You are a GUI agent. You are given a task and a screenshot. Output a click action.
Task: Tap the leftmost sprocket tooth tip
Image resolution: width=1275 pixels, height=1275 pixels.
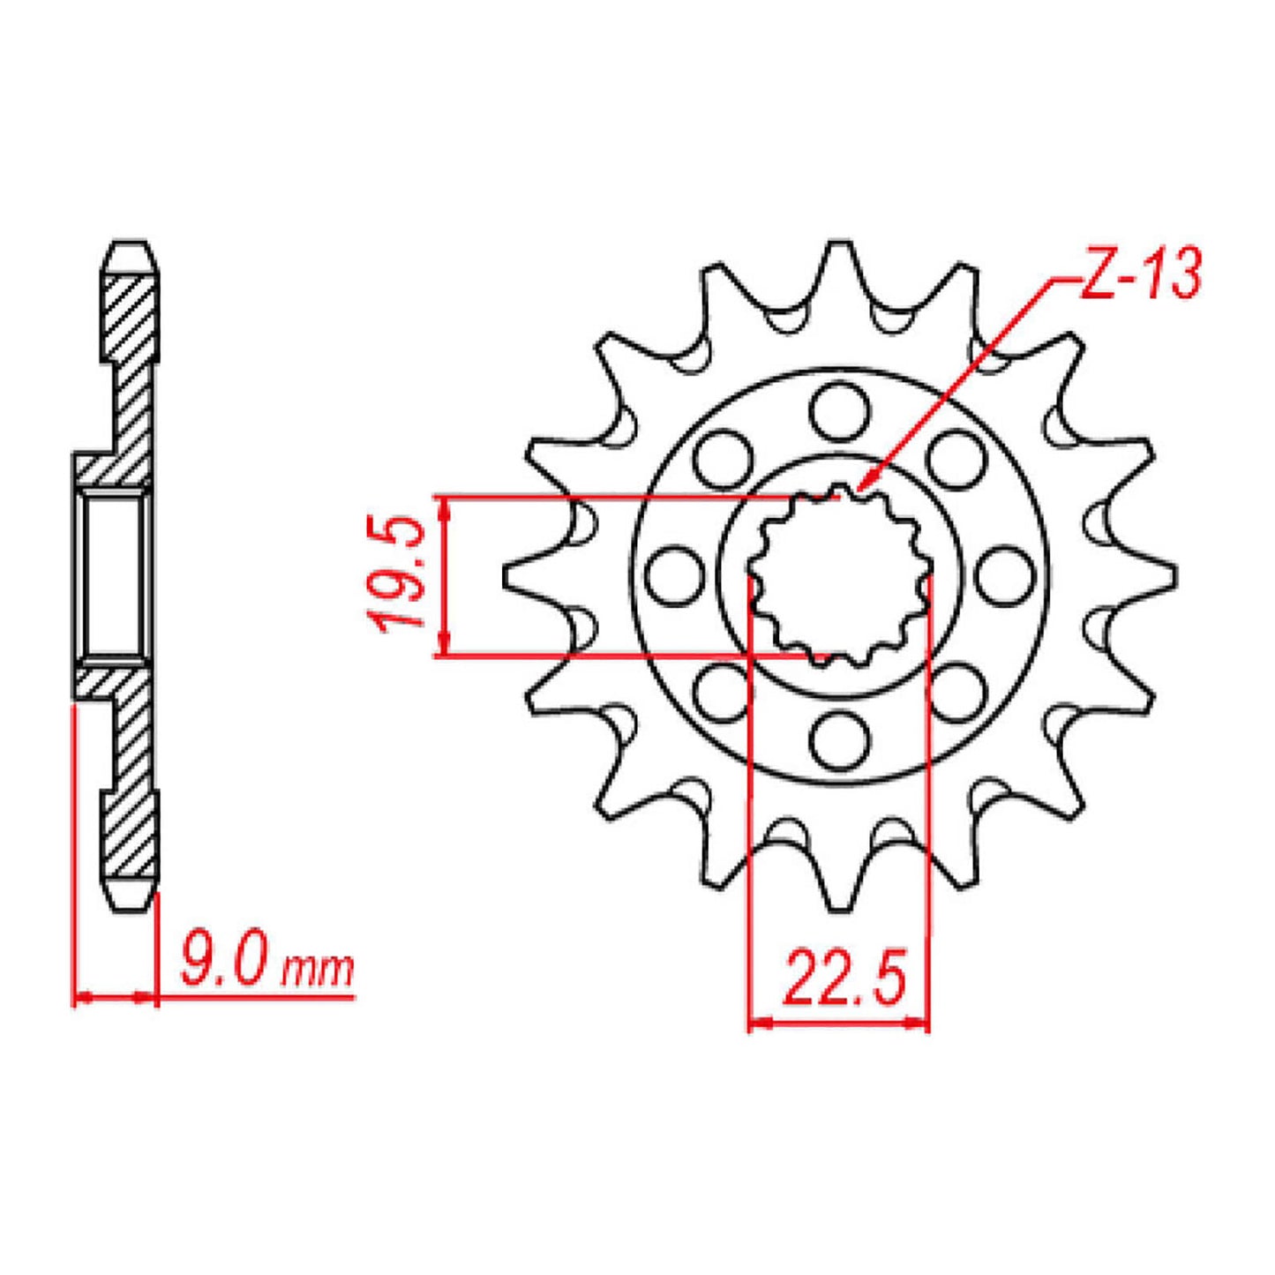tap(506, 575)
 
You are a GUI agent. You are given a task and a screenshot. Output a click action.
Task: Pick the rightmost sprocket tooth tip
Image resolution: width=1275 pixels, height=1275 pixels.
tap(1174, 575)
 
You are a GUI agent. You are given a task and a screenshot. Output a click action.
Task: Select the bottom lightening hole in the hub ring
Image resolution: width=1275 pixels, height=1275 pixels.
tap(839, 741)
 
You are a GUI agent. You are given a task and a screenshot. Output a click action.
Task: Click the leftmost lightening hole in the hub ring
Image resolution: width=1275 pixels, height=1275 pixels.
tap(674, 575)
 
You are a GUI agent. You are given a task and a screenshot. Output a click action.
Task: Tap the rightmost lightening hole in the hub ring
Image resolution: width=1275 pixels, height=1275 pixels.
tap(1005, 575)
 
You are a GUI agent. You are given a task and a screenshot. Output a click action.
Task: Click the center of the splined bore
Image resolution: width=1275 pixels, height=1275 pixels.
tap(839, 575)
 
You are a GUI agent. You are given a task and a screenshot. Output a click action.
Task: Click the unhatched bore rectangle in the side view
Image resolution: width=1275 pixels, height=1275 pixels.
tap(113, 575)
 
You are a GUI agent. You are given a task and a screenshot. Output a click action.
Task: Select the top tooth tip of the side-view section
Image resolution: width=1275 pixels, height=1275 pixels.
tap(132, 243)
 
